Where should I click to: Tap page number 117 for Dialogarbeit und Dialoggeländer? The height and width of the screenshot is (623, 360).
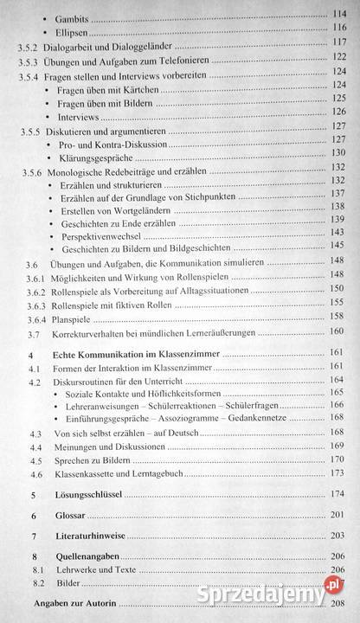pyautogui.click(x=338, y=42)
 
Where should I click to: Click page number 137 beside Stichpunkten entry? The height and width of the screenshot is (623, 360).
pyautogui.click(x=338, y=193)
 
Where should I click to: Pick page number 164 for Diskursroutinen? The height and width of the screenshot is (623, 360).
pyautogui.click(x=338, y=379)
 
